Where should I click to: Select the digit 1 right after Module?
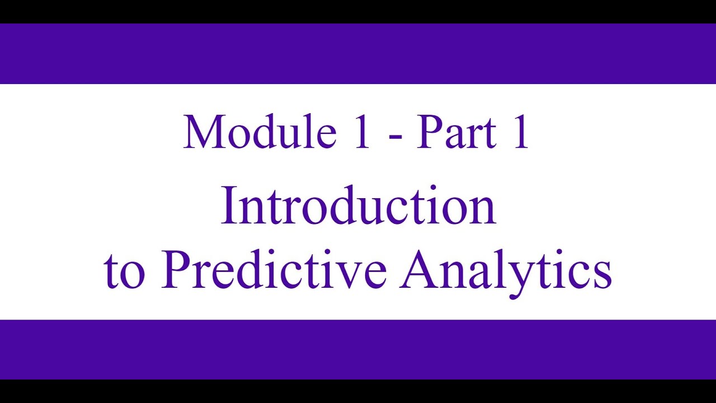(x=362, y=133)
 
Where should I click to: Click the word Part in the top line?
(x=456, y=133)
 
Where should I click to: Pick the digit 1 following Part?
(x=521, y=133)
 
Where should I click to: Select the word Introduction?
(x=358, y=207)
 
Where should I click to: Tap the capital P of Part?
(x=430, y=133)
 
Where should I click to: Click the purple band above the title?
(x=358, y=54)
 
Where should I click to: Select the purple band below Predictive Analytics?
(x=358, y=349)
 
